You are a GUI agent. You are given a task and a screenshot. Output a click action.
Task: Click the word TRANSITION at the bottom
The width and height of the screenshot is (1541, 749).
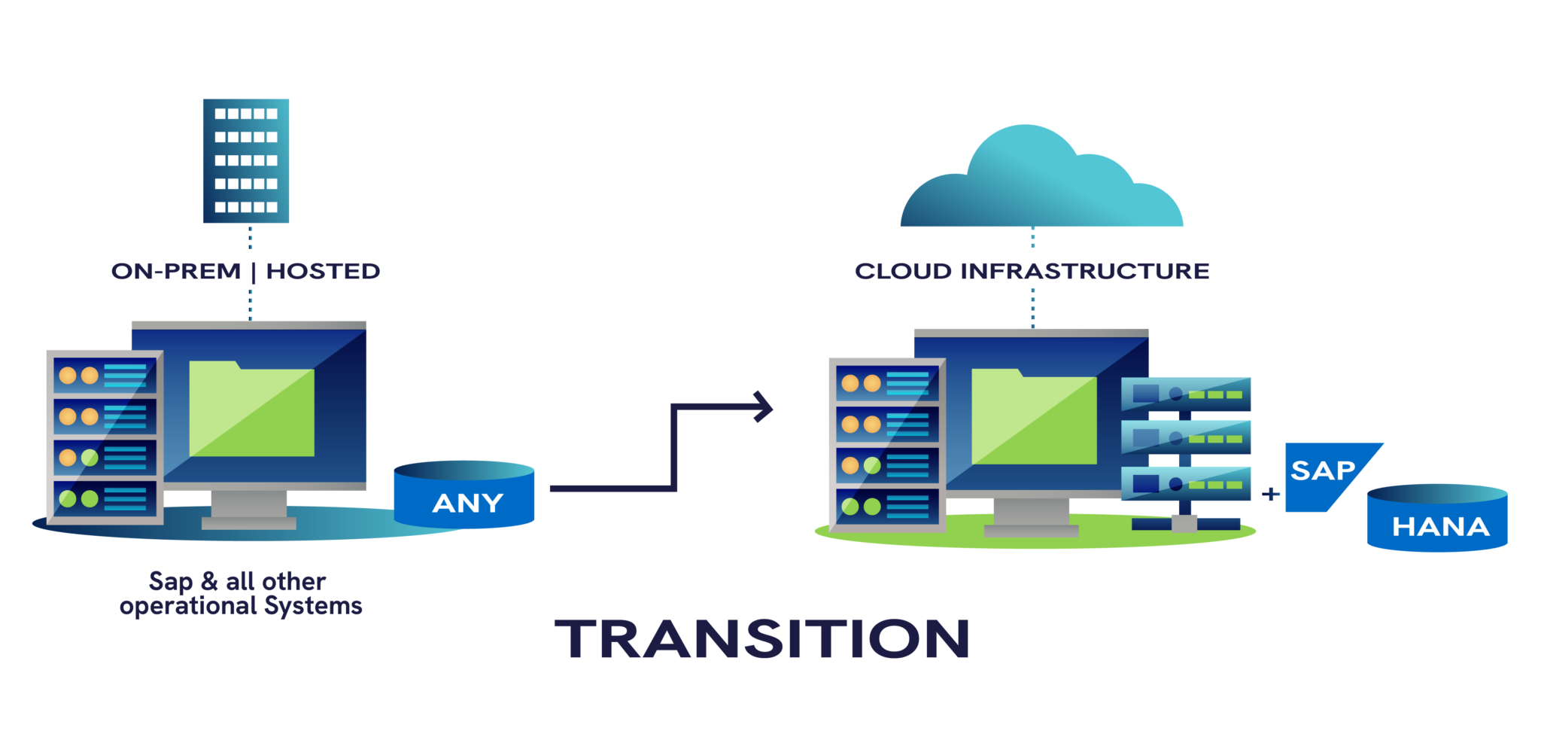[x=761, y=638]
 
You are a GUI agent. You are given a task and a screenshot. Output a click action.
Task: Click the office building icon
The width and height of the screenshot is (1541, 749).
[x=246, y=160]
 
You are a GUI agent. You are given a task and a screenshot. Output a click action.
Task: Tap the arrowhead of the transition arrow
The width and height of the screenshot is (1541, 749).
[x=764, y=406]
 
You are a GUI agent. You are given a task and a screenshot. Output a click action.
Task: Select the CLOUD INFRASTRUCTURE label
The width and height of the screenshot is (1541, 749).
[x=1032, y=271]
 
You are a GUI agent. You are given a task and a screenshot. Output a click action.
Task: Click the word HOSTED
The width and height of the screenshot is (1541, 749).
[x=323, y=271]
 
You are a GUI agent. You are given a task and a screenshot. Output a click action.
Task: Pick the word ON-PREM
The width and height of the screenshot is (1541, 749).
[x=176, y=271]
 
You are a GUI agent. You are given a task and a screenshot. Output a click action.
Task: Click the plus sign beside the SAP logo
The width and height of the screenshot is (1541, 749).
[x=1271, y=494]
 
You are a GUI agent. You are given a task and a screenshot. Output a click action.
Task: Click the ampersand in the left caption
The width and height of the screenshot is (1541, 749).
[x=209, y=581]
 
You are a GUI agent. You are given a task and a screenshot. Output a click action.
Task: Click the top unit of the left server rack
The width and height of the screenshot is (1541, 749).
[x=105, y=375]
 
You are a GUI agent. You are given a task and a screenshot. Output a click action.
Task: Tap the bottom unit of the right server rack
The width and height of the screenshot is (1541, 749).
[x=888, y=507]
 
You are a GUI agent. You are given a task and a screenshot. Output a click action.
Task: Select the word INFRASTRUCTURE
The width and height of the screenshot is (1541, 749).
[x=1084, y=271]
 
